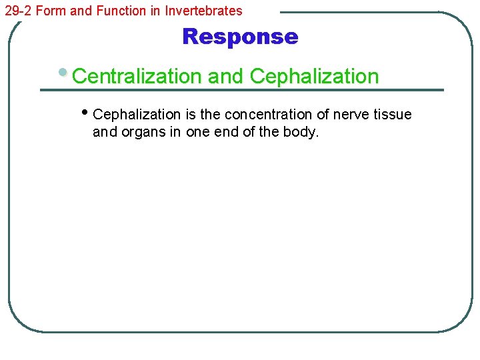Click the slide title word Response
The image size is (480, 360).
(x=240, y=37)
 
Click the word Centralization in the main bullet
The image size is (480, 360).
(x=137, y=77)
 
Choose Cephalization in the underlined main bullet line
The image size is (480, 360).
(x=314, y=77)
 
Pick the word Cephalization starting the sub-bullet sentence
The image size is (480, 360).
(x=137, y=115)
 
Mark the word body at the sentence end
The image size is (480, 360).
(x=303, y=132)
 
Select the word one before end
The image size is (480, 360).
(x=197, y=132)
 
